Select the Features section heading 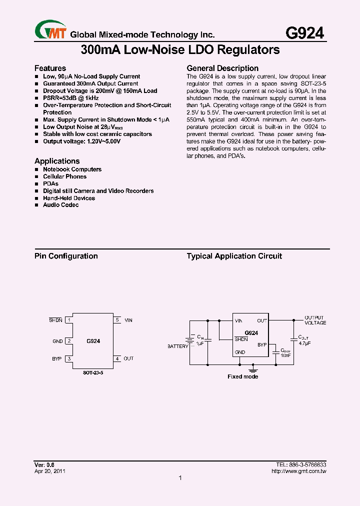pos(50,68)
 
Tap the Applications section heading pos(57,161)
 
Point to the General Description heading pos(222,68)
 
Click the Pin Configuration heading pos(66,256)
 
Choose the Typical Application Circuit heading pos(234,256)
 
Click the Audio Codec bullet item pos(60,205)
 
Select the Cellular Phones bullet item pos(64,176)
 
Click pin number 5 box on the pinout pos(117,320)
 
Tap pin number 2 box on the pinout pos(69,341)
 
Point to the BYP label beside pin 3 pos(56,358)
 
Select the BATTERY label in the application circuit pos(178,346)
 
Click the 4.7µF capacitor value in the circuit pos(305,344)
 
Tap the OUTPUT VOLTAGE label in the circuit pos(315,320)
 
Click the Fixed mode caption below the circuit pos(242,376)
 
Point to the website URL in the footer pos(298,471)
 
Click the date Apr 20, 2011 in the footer pos(50,471)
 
